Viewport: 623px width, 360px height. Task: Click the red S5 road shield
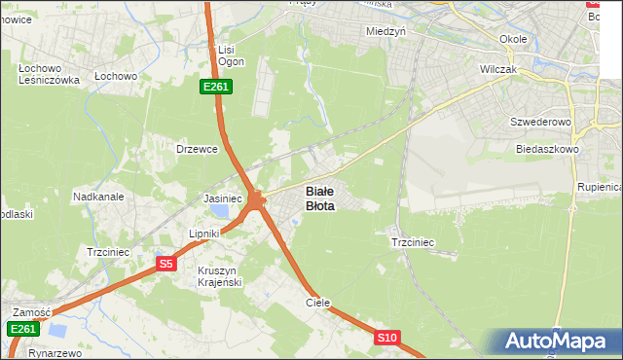[166, 264]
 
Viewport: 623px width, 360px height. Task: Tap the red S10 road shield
[386, 338]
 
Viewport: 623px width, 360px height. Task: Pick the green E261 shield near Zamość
[24, 330]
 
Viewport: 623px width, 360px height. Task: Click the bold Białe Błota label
[320, 198]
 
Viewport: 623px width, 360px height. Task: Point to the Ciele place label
[318, 303]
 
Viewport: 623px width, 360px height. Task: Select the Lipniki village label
[205, 234]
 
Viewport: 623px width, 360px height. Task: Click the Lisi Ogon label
[231, 54]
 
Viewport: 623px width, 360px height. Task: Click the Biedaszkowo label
[548, 150]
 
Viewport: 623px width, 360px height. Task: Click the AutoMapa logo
[558, 342]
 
